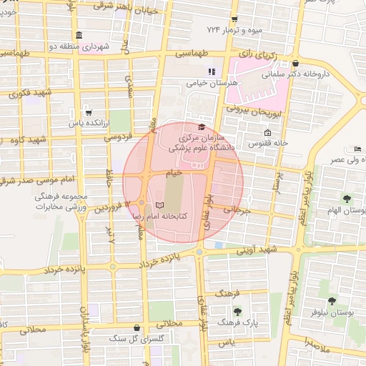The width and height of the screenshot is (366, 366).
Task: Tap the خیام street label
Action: [x=174, y=172]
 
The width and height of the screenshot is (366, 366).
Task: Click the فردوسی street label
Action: [x=118, y=137]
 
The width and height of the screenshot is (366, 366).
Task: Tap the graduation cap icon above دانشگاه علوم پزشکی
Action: [x=201, y=126]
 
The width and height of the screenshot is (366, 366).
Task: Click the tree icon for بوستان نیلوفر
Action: [x=332, y=301]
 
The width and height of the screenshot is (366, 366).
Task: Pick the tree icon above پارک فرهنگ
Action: [x=237, y=311]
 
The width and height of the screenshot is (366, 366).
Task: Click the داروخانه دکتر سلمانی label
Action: [x=323, y=73]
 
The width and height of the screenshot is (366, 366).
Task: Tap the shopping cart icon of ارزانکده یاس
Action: [x=88, y=112]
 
